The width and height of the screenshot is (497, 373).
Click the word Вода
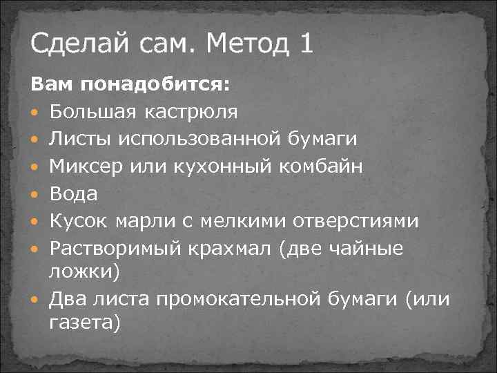click(x=73, y=193)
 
